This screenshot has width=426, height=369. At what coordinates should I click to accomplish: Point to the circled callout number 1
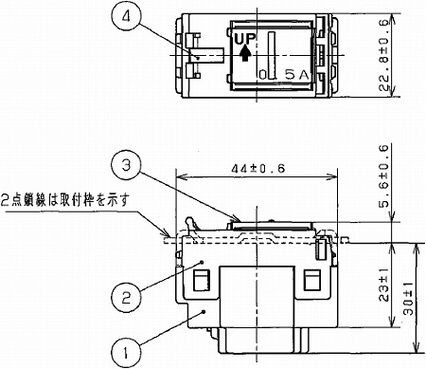coord(123,350)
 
